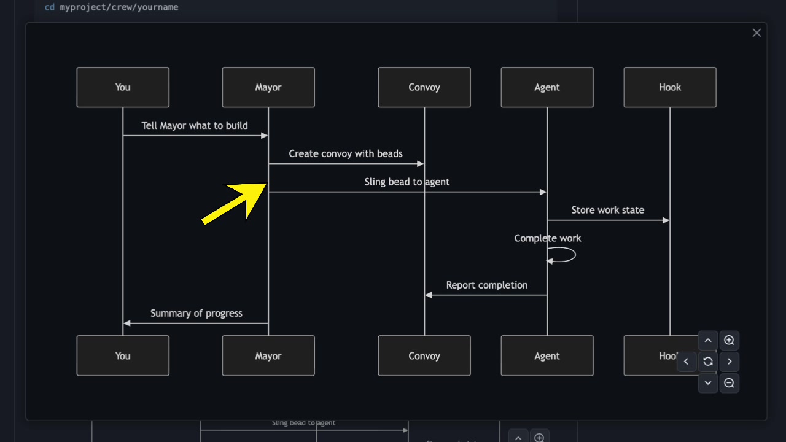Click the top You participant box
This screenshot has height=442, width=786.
tap(123, 87)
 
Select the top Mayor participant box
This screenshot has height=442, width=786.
tap(268, 87)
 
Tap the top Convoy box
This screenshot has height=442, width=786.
tap(424, 87)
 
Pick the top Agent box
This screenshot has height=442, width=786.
tap(547, 87)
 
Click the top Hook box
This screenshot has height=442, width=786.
tap(670, 87)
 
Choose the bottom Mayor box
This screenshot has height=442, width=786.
tap(268, 355)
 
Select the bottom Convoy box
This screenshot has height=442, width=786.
tap(424, 355)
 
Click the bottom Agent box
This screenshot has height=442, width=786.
tap(547, 355)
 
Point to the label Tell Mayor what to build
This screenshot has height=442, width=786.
tap(195, 125)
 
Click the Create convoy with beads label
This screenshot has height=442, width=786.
tap(346, 153)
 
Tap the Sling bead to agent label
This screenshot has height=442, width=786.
tap(407, 182)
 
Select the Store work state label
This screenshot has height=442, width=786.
tap(608, 210)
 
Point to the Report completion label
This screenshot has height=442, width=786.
tap(486, 285)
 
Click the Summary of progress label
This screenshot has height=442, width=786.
tap(196, 313)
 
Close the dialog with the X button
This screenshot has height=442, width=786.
tap(757, 33)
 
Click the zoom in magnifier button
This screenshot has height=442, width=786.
tap(729, 340)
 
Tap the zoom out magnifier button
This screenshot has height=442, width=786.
tap(729, 383)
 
